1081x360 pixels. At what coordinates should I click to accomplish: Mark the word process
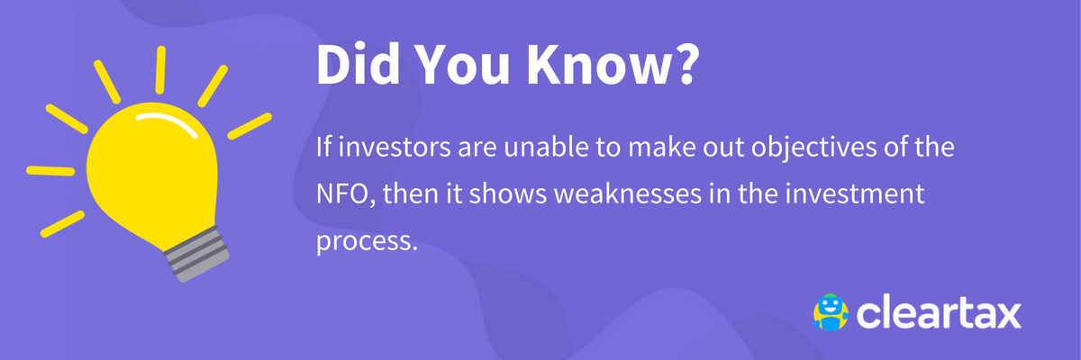[x=367, y=244]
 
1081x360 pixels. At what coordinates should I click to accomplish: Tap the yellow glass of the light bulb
[x=149, y=175]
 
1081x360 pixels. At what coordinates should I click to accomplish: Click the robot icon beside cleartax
[x=831, y=312]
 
